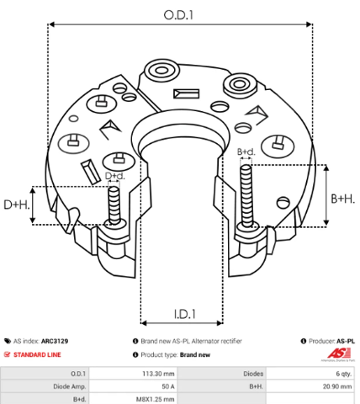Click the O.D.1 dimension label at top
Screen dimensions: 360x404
pos(178,15)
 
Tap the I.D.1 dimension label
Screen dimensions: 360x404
pos(184,314)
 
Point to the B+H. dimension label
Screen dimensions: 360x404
pos(342,199)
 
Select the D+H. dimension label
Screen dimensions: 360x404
pos(16,205)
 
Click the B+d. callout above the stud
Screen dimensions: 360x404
pos(246,151)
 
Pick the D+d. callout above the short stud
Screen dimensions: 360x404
pos(115,176)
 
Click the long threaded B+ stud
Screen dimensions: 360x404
pos(246,196)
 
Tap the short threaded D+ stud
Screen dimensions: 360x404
pos(114,205)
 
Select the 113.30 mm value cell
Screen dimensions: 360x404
pos(158,374)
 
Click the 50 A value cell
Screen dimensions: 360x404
pos(168,386)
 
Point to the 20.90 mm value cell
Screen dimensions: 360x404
pos(337,386)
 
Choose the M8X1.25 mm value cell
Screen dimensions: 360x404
pos(155,399)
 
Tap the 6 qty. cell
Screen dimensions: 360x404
pos(344,374)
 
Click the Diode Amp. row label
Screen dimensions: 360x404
pos(70,386)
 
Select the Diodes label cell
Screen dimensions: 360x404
pos(253,374)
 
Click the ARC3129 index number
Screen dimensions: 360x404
pos(55,341)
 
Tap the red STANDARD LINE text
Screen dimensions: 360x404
pos(37,354)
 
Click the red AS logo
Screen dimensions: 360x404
pos(339,353)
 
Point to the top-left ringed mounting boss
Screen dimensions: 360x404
pos(161,70)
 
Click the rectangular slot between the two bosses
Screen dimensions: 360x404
pos(186,93)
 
